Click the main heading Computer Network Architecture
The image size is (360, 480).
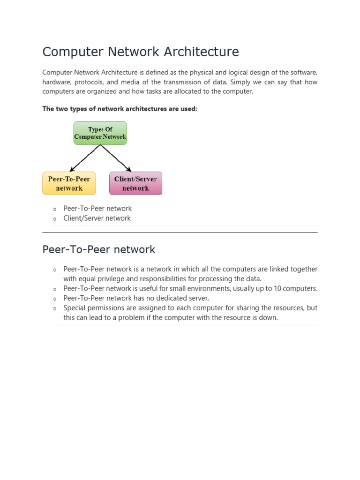(x=141, y=52)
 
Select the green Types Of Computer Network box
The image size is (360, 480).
(x=100, y=133)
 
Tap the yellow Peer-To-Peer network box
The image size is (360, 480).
(x=69, y=183)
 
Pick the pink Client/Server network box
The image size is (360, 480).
(x=135, y=183)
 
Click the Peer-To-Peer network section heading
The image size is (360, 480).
(x=98, y=250)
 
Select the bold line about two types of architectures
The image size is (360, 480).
(x=120, y=109)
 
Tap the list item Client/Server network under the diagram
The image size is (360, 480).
(x=97, y=218)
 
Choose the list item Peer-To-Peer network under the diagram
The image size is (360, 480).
(x=97, y=209)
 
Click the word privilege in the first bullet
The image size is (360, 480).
(x=99, y=279)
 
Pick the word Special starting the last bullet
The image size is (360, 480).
(x=75, y=308)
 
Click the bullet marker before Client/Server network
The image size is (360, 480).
(x=54, y=219)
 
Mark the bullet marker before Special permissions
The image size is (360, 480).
(x=54, y=308)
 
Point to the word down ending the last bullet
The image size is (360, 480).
(x=268, y=318)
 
